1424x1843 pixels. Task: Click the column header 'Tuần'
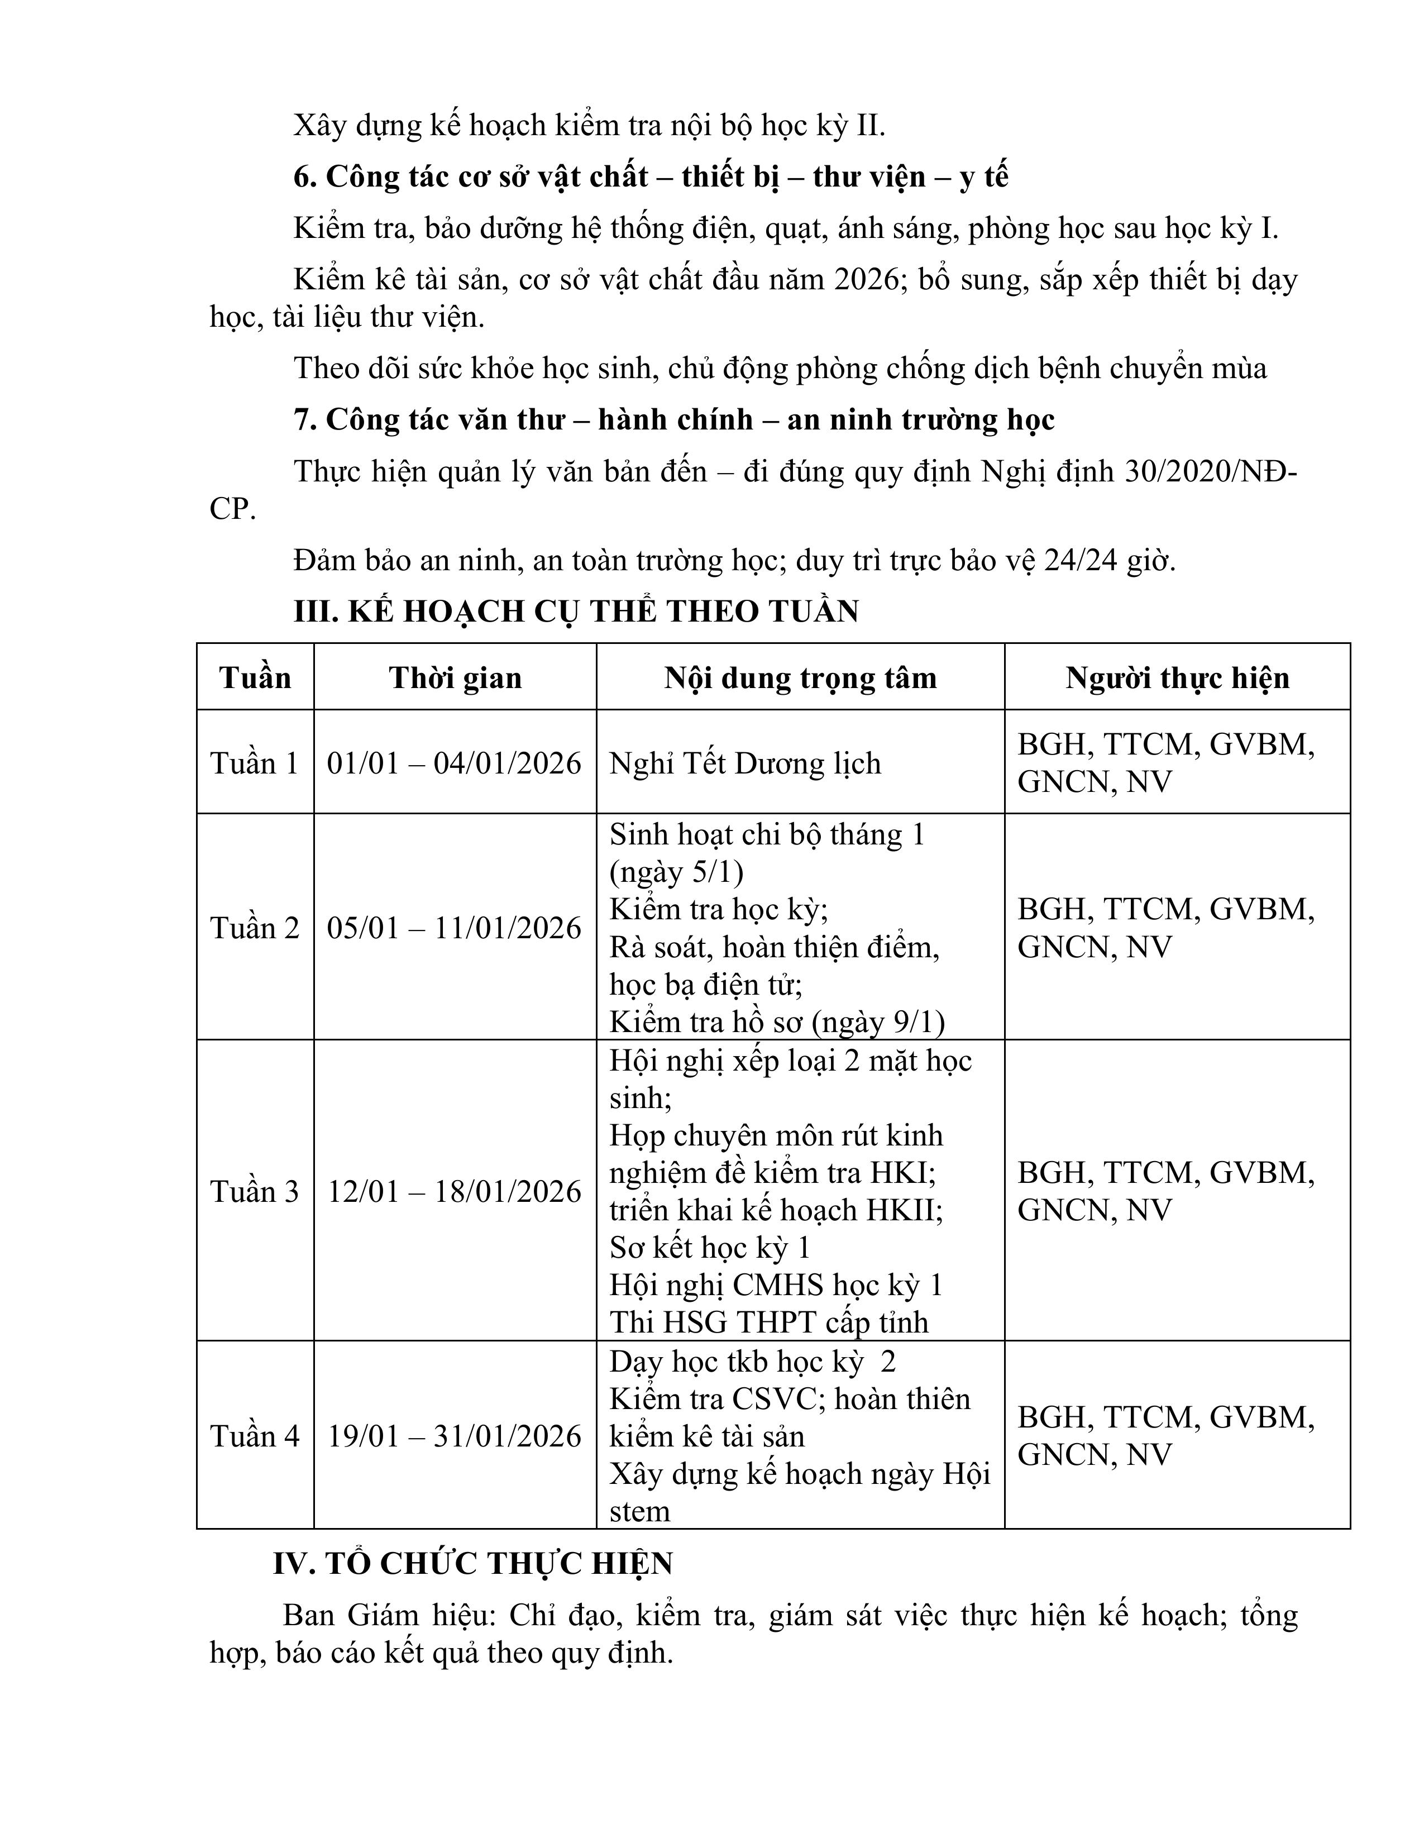coord(255,679)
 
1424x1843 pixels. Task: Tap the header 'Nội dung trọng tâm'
coord(800,679)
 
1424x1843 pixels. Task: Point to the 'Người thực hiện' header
coord(1177,679)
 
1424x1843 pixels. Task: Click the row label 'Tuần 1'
coord(255,763)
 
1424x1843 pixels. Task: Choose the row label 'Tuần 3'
coord(255,1192)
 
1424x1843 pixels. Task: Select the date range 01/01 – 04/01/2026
coord(455,763)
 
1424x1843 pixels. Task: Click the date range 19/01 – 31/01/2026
coord(455,1436)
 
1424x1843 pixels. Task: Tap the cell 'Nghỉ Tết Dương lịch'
coord(745,763)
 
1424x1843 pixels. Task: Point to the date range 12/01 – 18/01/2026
coord(455,1192)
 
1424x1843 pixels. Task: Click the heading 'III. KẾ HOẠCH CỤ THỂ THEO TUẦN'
coord(576,612)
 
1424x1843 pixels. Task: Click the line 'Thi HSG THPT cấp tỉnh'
coord(768,1322)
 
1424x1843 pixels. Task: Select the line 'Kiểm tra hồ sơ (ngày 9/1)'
coord(777,1022)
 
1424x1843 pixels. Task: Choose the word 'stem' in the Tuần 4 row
coord(639,1511)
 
